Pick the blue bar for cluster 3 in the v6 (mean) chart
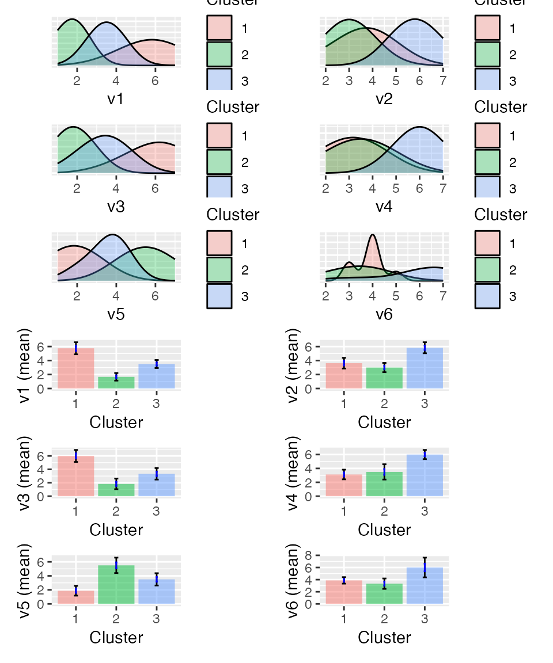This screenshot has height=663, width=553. (425, 586)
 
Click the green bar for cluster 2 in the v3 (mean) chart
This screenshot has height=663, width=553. (116, 490)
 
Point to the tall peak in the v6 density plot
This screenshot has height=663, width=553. (373, 236)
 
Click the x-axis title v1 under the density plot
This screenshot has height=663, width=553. (116, 99)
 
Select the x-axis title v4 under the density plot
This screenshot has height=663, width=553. (384, 206)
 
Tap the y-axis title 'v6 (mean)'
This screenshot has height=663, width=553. (294, 581)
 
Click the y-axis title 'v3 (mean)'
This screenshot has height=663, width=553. (26, 473)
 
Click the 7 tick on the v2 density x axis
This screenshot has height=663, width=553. (442, 81)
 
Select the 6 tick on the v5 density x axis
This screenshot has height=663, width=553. (155, 296)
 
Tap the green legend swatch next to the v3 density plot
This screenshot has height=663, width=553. (219, 163)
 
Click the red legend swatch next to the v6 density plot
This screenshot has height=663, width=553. (487, 243)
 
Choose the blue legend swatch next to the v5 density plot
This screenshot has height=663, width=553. (219, 296)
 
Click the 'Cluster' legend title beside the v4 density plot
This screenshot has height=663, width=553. (501, 107)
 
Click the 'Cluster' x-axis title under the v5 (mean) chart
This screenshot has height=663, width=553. (116, 637)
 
